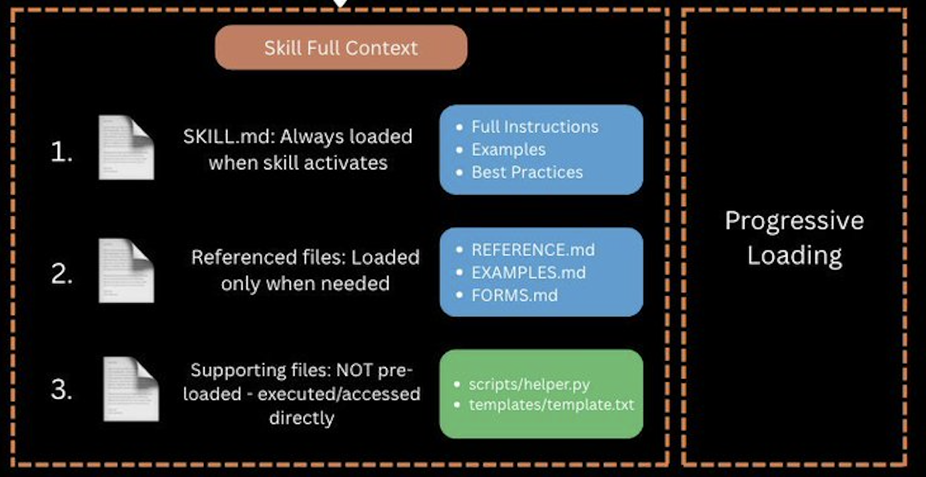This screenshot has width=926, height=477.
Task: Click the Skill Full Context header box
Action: pos(341,48)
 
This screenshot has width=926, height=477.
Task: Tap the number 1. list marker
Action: pos(61,153)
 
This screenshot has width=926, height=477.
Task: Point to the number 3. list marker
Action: pos(61,390)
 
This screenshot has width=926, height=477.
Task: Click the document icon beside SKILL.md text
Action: pos(126,147)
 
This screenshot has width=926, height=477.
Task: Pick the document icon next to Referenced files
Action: pos(126,270)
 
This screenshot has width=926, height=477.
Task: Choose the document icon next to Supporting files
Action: pos(131,389)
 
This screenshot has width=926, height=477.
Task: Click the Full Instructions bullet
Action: pos(534,127)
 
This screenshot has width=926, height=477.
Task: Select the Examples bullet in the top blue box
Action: pos(508,149)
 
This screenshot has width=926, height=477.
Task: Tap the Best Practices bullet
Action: pos(527,172)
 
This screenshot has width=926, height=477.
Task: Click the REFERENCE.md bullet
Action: pos(533,250)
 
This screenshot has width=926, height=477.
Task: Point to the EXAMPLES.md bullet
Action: pos(529,272)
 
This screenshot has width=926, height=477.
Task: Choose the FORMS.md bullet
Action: pos(514,295)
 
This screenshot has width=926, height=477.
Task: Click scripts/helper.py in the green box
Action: pos(529,384)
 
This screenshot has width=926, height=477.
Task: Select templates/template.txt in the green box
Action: pos(552,404)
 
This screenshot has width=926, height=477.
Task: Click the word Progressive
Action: pos(794,221)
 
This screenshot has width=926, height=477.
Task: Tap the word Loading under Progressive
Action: pos(794,256)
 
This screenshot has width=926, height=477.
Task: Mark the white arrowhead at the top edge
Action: pos(340,3)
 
